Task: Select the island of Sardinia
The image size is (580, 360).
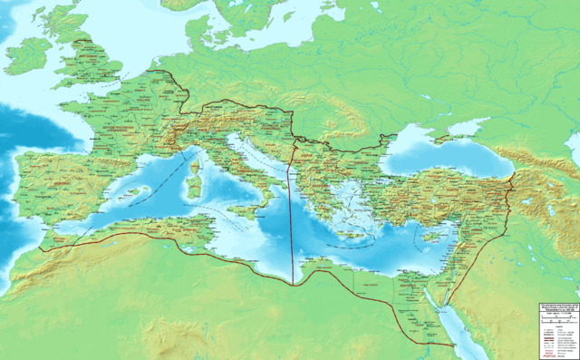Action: point(193,192)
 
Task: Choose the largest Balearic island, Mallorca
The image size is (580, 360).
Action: point(133,193)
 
